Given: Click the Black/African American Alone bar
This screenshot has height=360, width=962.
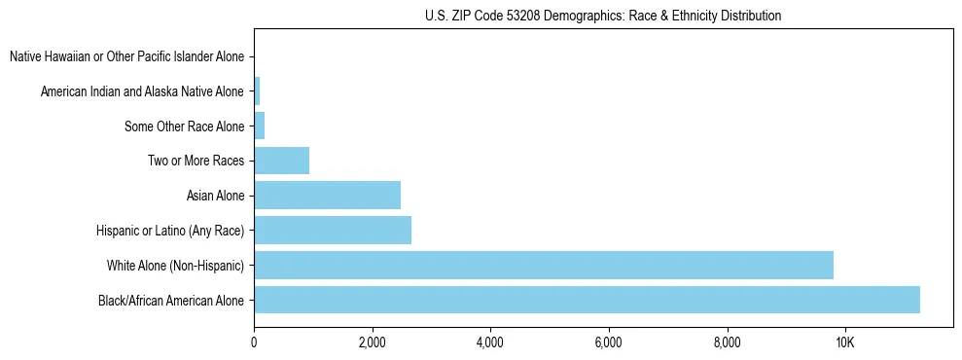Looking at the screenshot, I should (x=587, y=300).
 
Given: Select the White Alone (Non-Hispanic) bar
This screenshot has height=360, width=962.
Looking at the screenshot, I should (x=544, y=265).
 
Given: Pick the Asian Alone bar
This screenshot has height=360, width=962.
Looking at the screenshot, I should (x=327, y=196).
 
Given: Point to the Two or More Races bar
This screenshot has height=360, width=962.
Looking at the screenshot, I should (x=281, y=161).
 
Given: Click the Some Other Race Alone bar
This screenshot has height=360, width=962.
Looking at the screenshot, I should (x=260, y=126).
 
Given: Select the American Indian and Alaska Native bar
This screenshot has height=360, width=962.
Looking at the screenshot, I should (x=257, y=91).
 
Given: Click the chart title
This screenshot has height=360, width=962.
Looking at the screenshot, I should (x=603, y=16).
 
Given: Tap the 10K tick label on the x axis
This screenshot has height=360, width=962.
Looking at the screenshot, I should (x=844, y=342).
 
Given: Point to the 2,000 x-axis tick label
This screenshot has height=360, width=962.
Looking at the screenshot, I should (x=372, y=342).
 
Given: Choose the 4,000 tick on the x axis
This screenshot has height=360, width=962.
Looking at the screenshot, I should (x=490, y=342).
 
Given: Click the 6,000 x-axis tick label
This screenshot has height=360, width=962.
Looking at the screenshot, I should (x=608, y=342).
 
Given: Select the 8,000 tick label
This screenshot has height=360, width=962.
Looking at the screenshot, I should (x=727, y=342).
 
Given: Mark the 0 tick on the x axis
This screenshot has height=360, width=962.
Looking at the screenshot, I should (x=254, y=342).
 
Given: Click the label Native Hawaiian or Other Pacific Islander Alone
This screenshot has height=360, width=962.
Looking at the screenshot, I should (x=126, y=56).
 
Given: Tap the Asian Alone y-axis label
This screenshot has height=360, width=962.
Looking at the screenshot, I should (x=215, y=196).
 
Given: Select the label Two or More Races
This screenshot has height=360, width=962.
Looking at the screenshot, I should (x=196, y=161).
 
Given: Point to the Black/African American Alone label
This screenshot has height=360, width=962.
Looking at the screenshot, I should (x=171, y=300).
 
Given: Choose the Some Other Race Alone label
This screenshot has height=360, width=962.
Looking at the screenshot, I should (x=184, y=126).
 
